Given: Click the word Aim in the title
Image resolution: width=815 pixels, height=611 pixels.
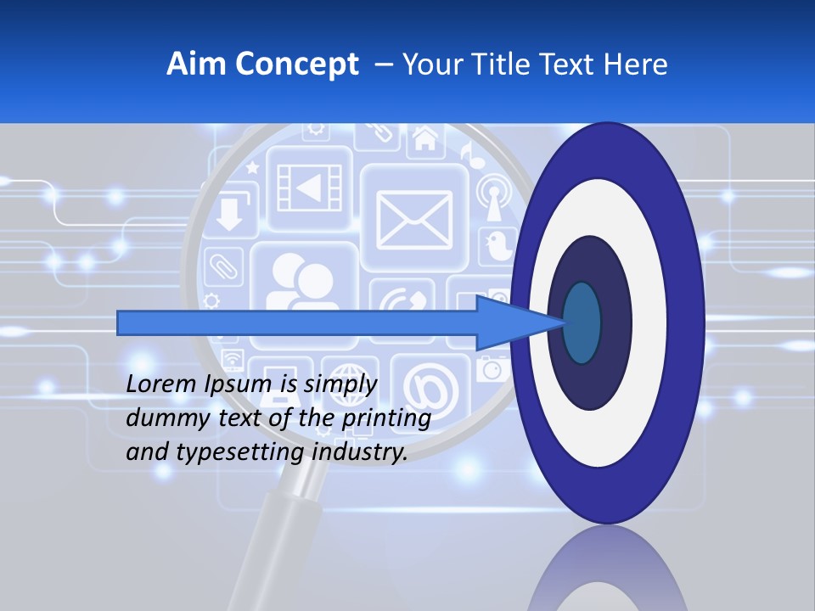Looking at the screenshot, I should (x=197, y=64).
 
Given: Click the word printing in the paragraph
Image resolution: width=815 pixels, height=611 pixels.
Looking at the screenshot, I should (x=385, y=418).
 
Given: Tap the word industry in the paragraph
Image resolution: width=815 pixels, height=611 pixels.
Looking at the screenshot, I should (x=359, y=452).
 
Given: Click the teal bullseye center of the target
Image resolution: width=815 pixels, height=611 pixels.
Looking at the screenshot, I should (x=582, y=322).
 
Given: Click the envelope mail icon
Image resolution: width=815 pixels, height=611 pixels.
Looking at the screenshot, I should (x=414, y=217).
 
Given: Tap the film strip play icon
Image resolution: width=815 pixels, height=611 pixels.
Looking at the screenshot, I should (x=309, y=188).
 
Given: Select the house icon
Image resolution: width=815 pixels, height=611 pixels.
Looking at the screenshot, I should (x=425, y=138).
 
